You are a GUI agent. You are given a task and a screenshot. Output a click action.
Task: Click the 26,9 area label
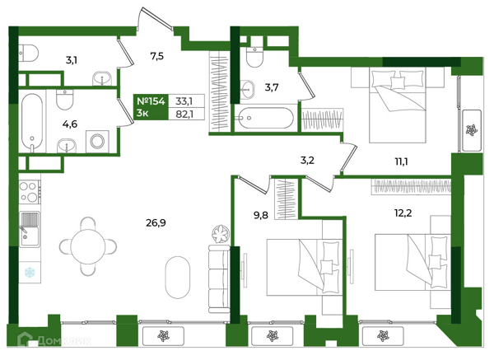(156, 223)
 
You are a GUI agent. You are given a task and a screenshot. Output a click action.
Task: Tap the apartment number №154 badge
(151, 101)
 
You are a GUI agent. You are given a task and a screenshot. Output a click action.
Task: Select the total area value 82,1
(184, 114)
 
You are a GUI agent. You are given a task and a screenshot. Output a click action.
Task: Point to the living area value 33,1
(184, 101)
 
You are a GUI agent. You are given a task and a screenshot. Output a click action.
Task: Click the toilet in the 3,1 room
(28, 53)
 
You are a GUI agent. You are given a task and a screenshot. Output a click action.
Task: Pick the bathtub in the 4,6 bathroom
(32, 123)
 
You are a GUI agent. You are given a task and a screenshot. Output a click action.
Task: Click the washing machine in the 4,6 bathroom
(97, 141)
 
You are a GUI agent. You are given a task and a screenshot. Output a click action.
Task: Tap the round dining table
(88, 246)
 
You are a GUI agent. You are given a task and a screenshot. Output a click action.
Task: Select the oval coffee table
(178, 277)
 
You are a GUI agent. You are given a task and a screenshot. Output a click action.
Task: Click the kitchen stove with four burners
(30, 192)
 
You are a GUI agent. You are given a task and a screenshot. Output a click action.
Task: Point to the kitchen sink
(30, 229)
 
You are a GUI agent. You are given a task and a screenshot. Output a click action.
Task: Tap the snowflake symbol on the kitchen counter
(30, 273)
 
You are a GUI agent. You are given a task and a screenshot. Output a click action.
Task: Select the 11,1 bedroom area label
(401, 161)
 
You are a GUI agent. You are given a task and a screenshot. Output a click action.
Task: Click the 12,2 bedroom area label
(403, 213)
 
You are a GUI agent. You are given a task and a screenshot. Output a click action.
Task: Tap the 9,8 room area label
(260, 215)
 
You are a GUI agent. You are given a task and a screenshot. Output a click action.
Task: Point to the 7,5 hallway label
(156, 56)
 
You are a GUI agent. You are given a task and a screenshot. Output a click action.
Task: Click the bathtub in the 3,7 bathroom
(266, 118)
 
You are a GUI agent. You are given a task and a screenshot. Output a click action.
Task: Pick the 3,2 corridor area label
(307, 161)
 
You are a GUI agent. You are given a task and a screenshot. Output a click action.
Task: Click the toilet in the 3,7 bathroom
(254, 57)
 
